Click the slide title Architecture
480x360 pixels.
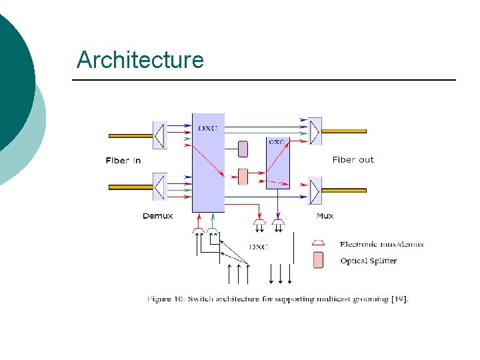click(140, 60)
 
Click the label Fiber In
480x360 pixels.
click(123, 160)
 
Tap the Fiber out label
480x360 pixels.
click(353, 160)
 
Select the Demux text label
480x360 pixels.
click(158, 215)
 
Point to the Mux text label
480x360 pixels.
click(325, 215)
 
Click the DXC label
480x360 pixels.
click(258, 247)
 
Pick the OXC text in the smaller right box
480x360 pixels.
click(276, 142)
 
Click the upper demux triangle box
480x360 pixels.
click(159, 135)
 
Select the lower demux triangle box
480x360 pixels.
click(159, 187)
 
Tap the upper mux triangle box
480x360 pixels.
click(315, 131)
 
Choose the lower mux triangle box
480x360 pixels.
click(315, 191)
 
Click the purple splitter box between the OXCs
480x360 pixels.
click(243, 149)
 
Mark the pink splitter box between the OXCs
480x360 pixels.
click(243, 177)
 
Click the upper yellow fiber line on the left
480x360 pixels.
click(131, 135)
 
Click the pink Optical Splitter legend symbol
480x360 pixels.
click(318, 260)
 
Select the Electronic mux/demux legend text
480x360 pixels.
click(381, 244)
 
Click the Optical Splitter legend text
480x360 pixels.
click(368, 261)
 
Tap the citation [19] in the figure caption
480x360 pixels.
click(397, 299)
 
